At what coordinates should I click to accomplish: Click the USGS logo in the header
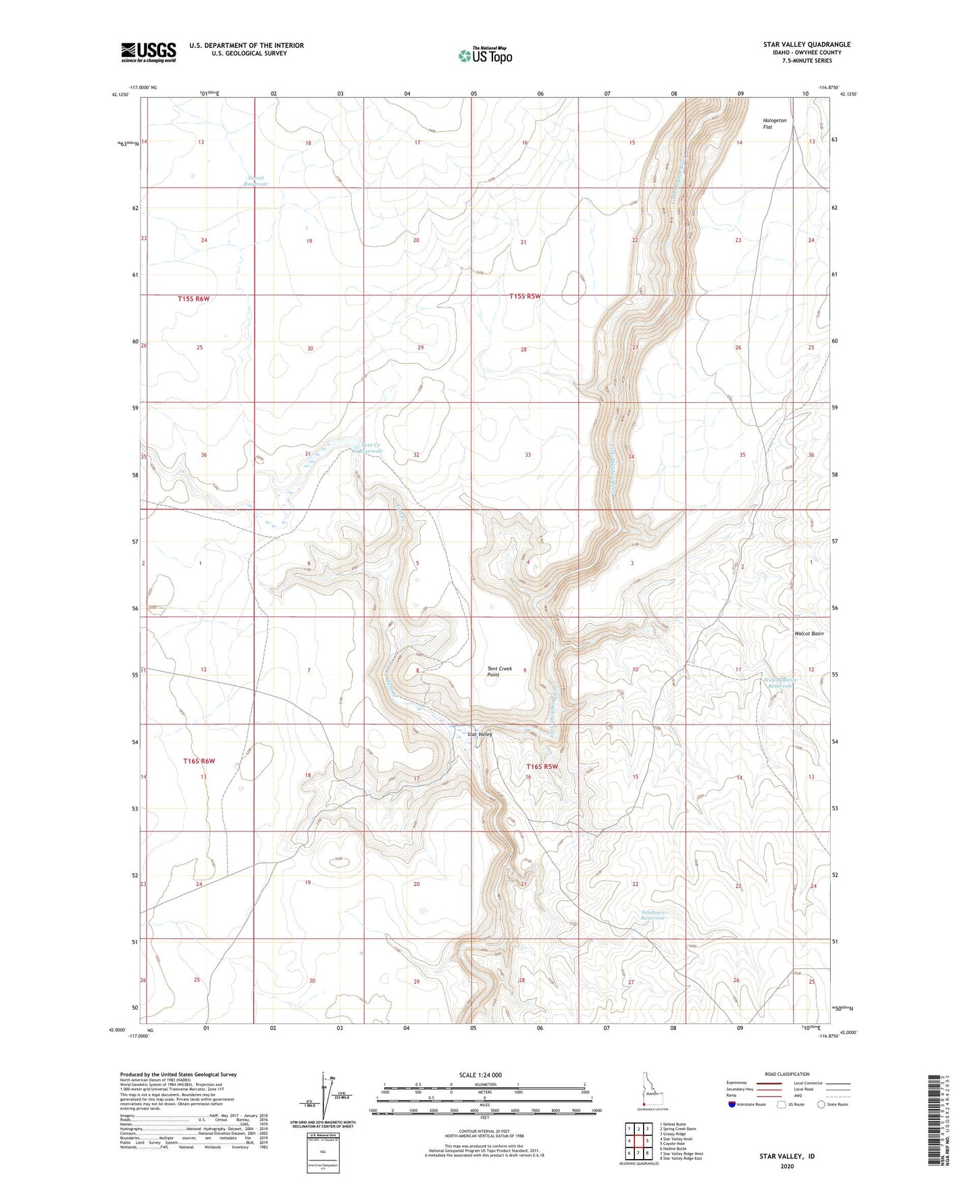click(x=149, y=52)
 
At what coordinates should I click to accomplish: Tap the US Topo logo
click(x=484, y=55)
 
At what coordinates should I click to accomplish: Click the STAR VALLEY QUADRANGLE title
click(x=806, y=45)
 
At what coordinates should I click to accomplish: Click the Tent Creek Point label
click(x=500, y=671)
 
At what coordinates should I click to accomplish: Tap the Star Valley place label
click(x=480, y=734)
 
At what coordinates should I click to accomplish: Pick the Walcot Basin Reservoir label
click(x=780, y=683)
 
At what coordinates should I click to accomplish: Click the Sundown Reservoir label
click(x=652, y=916)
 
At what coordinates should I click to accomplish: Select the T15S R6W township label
click(x=194, y=298)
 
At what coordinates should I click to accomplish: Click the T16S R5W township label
click(x=542, y=766)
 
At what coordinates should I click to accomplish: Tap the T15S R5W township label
click(x=525, y=296)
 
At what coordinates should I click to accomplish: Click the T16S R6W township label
click(x=199, y=761)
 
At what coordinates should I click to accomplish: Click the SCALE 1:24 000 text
click(x=482, y=1075)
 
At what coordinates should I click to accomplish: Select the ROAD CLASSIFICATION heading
click(x=788, y=1074)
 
